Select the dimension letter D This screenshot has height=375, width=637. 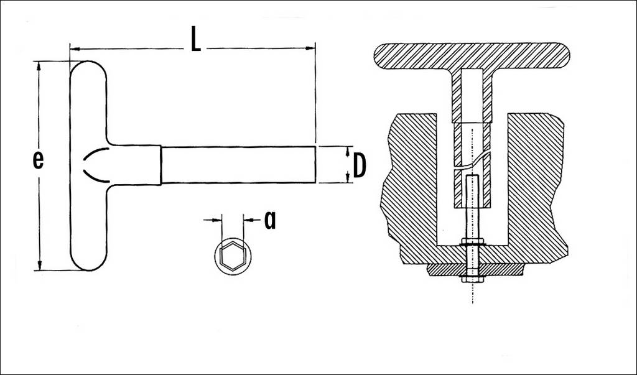tap(360, 166)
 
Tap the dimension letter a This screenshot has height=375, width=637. tap(270, 220)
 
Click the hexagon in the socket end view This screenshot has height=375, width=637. tap(233, 256)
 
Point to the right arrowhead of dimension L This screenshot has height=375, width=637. tap(310, 49)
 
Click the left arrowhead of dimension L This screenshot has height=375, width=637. tap(75, 49)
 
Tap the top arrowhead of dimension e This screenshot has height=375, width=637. tap(39, 67)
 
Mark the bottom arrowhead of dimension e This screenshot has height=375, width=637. tap(40, 264)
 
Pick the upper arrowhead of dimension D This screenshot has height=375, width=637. tap(348, 151)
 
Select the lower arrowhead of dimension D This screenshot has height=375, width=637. tap(348, 177)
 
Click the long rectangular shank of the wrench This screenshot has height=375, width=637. tap(238, 165)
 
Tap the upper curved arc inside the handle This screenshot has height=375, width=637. tap(95, 154)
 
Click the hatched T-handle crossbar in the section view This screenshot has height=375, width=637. tap(472, 55)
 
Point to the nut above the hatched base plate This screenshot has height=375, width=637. tap(473, 243)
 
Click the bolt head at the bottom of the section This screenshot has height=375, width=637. tap(472, 279)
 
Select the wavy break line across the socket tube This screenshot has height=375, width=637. tap(472, 161)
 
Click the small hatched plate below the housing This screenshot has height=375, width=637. tap(475, 270)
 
